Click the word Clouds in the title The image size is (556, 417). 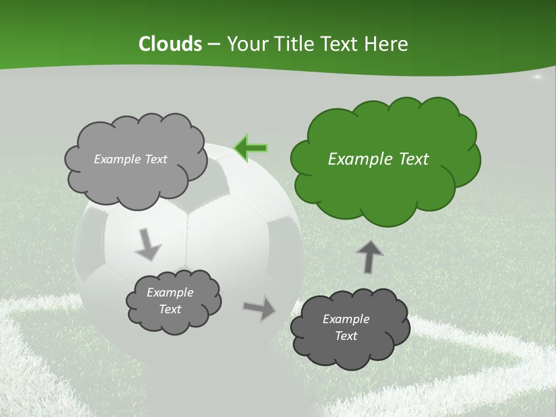(170, 44)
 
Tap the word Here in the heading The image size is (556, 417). (387, 44)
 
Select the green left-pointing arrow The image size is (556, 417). (250, 148)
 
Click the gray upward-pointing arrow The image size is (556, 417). (370, 257)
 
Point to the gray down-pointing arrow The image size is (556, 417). (148, 244)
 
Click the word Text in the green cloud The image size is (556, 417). (412, 159)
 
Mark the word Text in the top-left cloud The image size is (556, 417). (155, 159)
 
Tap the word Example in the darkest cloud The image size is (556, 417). (346, 319)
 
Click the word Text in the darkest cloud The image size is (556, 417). (346, 336)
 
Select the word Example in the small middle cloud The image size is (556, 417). (170, 292)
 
